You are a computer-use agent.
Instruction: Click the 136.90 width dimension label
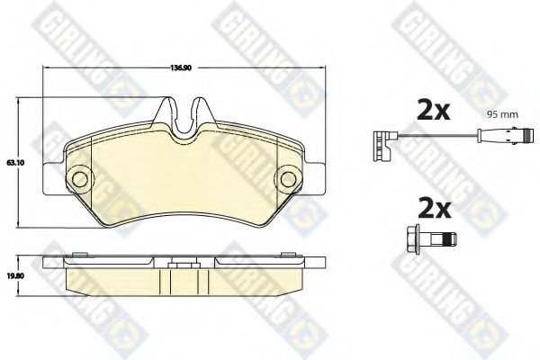point(181,67)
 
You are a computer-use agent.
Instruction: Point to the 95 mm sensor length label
point(502,114)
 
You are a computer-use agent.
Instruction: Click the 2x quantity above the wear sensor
point(434,110)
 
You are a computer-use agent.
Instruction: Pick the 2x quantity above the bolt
point(435,208)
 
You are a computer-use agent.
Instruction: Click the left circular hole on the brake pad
point(80,179)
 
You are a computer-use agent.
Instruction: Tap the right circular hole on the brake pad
point(288,179)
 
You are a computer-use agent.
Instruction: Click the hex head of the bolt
point(414,239)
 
